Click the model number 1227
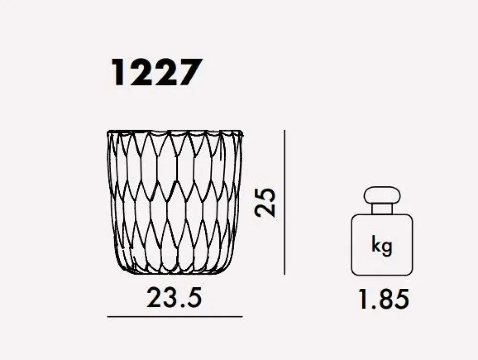pyautogui.click(x=157, y=73)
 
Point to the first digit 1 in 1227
pyautogui.click(x=120, y=73)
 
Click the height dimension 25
pyautogui.click(x=265, y=203)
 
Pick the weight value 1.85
pyautogui.click(x=383, y=299)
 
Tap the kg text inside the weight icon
pyautogui.click(x=381, y=245)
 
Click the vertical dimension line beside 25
pyautogui.click(x=284, y=202)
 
